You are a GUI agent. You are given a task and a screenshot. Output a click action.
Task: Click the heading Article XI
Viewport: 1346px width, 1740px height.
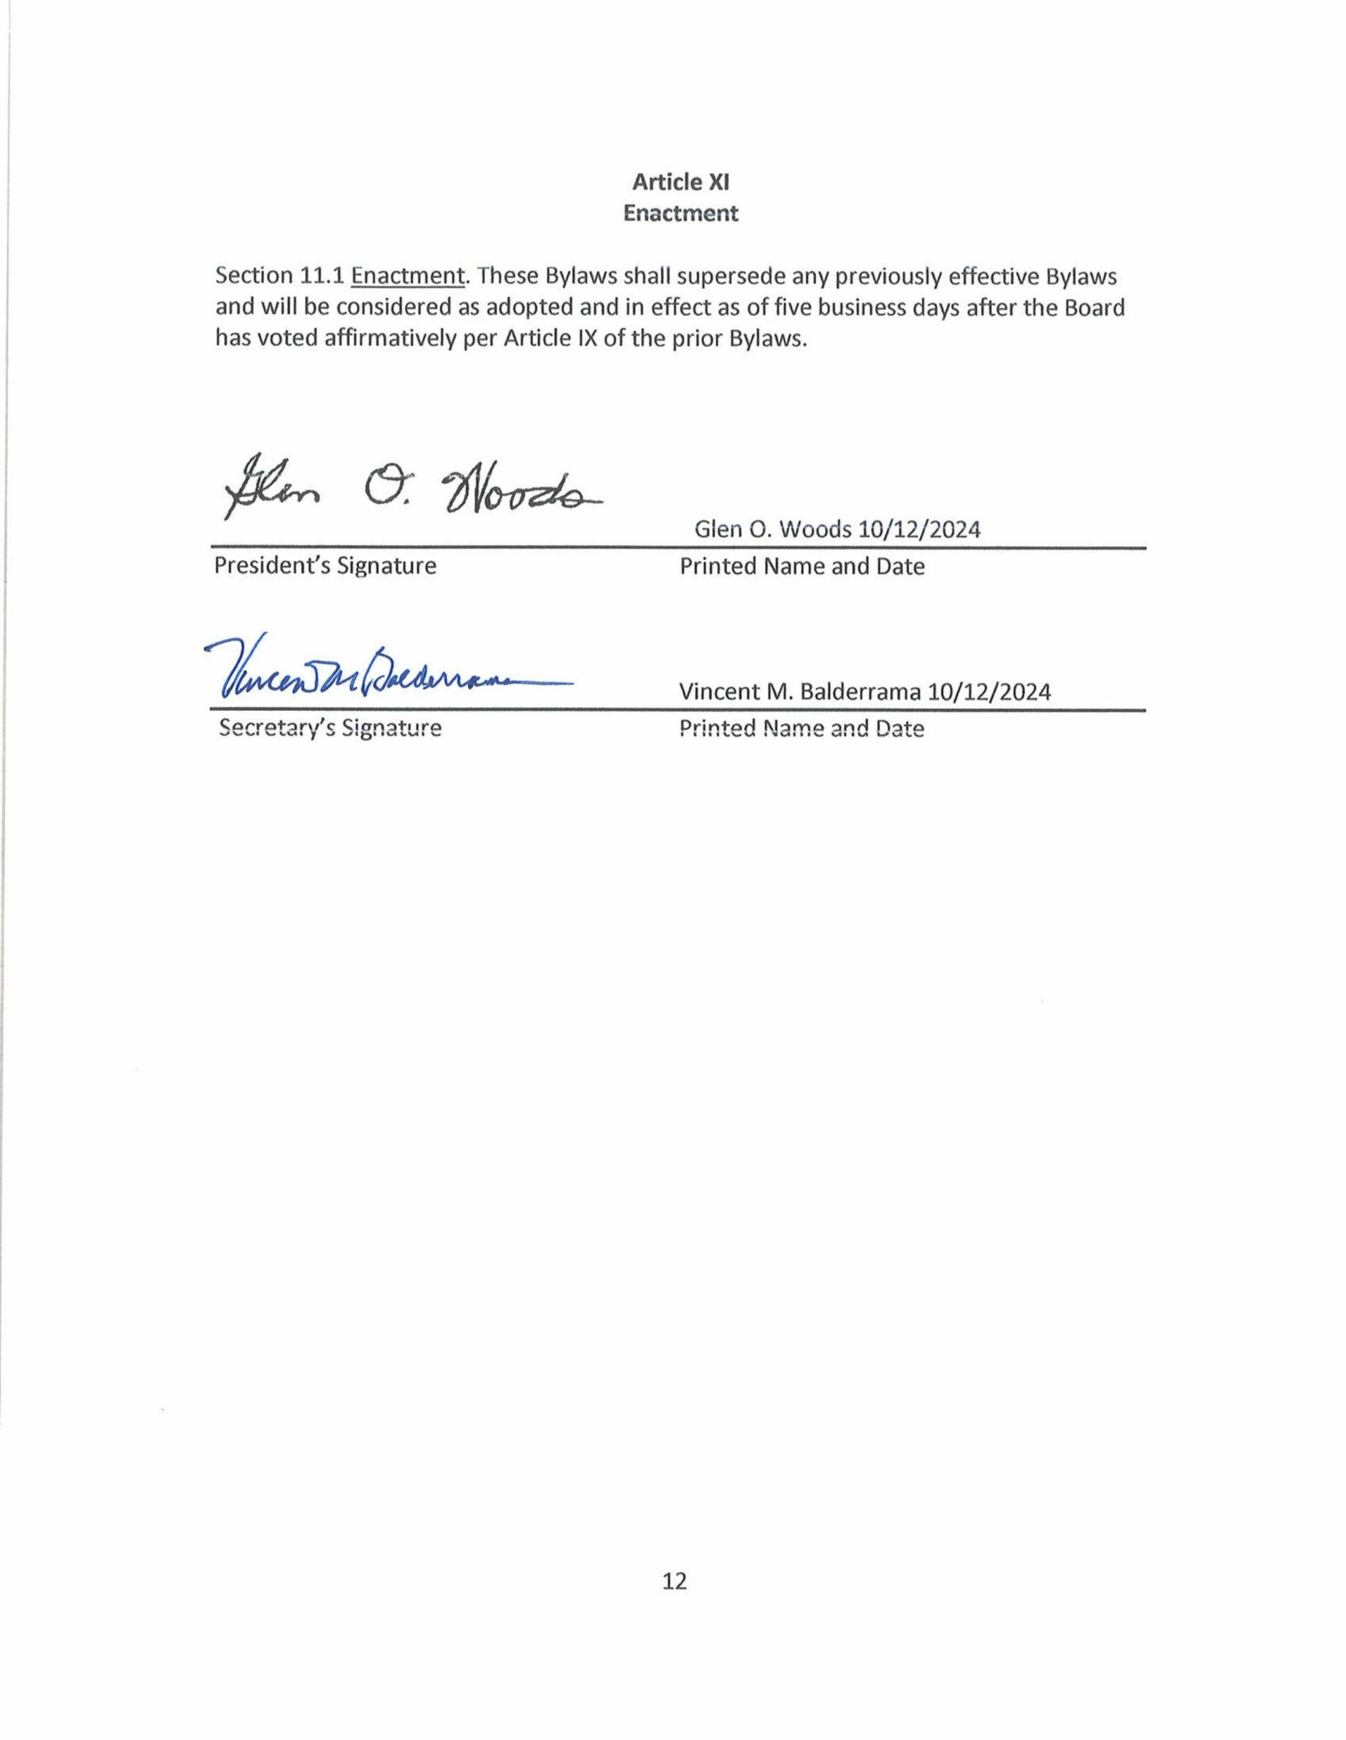click(x=680, y=182)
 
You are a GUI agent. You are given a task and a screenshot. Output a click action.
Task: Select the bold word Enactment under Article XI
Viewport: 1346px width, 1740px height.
click(x=680, y=213)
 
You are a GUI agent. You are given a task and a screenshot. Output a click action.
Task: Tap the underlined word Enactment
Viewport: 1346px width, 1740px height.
click(x=407, y=277)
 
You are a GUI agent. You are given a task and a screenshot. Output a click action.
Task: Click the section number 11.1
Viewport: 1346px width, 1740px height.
click(x=322, y=277)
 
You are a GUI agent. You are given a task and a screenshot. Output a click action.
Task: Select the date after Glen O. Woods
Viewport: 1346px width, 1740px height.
click(x=919, y=529)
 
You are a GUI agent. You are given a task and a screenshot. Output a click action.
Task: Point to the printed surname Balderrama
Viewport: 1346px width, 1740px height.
click(x=860, y=691)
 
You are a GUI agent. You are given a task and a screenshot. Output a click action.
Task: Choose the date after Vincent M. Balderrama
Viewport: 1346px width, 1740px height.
click(x=989, y=691)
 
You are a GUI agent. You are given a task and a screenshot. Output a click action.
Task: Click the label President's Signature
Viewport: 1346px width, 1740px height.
click(x=325, y=565)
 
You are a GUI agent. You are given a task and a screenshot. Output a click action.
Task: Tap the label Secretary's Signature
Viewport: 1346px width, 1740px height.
click(x=330, y=728)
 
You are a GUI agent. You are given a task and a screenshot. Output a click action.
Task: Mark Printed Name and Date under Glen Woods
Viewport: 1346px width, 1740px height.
click(x=801, y=566)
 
